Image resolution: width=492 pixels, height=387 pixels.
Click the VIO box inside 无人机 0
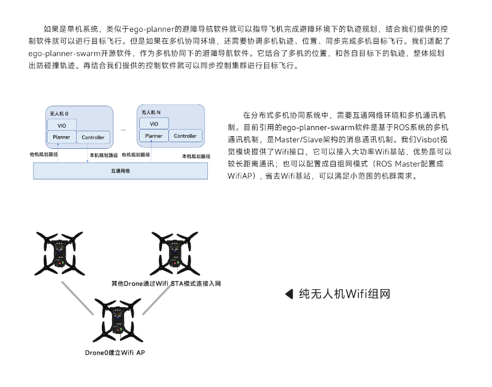pyautogui.click(x=62, y=125)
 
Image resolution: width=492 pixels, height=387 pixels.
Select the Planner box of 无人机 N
pyautogui.click(x=153, y=136)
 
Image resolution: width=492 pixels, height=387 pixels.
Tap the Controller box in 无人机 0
pyautogui.click(x=93, y=137)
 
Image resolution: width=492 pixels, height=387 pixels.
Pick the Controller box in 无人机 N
pyautogui.click(x=185, y=136)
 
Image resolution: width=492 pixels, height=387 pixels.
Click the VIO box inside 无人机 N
pyautogui.click(x=153, y=124)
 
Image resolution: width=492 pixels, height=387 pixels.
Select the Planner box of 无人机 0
pyautogui.click(x=62, y=137)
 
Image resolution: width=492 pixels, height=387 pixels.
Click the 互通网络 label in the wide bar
pyautogui.click(x=120, y=171)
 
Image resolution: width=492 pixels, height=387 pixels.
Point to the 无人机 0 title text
pyautogui.click(x=58, y=113)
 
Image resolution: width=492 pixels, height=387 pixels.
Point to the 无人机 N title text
pyautogui.click(x=151, y=112)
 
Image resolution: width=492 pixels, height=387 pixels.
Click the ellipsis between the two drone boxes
pyautogui.click(x=123, y=129)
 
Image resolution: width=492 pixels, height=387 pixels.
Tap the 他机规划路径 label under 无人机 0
pyautogui.click(x=44, y=154)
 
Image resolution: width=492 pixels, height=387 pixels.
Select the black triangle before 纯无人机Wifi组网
pyautogui.click(x=289, y=294)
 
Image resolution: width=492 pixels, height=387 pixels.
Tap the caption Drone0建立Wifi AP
pyautogui.click(x=114, y=353)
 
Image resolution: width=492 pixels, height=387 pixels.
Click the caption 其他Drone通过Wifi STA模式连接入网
pyautogui.click(x=166, y=283)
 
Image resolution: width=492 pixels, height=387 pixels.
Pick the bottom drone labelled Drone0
pyautogui.click(x=116, y=321)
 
